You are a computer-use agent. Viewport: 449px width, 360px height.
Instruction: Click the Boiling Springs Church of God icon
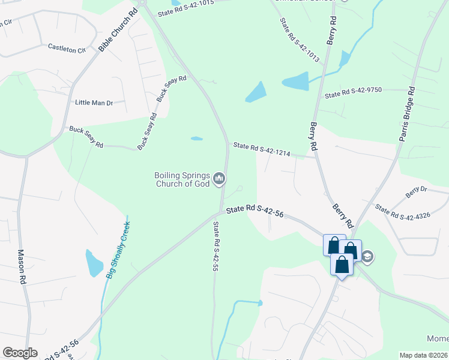[x=219, y=179]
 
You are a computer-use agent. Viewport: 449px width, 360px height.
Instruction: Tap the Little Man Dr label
[x=94, y=103]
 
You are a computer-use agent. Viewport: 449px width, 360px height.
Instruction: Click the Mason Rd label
[x=22, y=266]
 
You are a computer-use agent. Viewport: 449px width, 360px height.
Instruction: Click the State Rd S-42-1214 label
[x=262, y=149]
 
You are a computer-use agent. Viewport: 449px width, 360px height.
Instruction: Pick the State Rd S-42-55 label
[x=215, y=247]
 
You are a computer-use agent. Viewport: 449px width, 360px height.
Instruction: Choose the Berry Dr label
[x=416, y=192]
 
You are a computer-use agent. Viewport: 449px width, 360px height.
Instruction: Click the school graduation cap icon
[x=367, y=257]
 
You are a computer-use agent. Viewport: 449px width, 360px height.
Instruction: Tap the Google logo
[x=19, y=353]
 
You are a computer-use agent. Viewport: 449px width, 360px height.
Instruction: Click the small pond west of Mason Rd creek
[x=94, y=263]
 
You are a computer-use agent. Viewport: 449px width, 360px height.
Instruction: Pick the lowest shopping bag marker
[x=342, y=265]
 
